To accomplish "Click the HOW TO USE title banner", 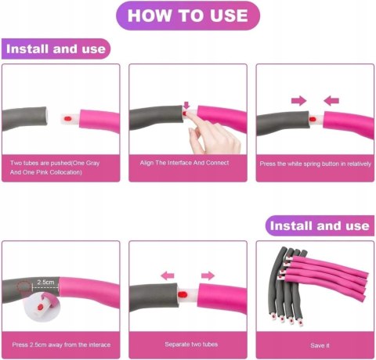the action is pos(188,16).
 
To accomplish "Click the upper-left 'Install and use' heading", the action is pos(56,49).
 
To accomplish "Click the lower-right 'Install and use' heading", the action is pos(320,225).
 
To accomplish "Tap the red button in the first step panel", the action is pos(67,119).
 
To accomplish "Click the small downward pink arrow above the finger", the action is pos(186,106).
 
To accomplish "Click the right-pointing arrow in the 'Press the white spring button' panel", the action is pos(298,101).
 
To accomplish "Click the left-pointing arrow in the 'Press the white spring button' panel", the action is pos(331,101).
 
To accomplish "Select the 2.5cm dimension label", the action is pos(45,282).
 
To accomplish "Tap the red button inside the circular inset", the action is pos(40,307).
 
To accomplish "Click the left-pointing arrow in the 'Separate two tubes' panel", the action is pos(168,275).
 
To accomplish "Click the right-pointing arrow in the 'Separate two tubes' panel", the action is pos(208,275).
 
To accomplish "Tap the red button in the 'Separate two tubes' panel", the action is pos(183,295).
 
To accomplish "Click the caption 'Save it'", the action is pos(320,345).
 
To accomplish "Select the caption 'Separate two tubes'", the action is pos(191,344).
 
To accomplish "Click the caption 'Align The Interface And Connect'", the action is pos(184,163).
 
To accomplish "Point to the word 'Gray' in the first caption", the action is pos(92,163).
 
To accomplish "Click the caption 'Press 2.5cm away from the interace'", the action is pos(61,344).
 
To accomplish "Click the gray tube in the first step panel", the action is pos(25,119).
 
